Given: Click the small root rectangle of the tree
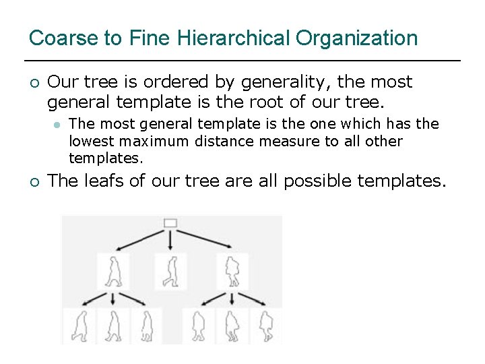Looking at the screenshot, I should click(x=170, y=223).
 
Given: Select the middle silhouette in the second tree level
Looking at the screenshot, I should click(x=170, y=272).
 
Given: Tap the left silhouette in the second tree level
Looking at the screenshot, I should click(x=114, y=272).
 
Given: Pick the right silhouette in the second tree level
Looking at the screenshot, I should click(x=232, y=272).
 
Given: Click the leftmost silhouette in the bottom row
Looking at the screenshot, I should click(x=81, y=326).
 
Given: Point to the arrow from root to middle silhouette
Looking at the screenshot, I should click(x=170, y=240).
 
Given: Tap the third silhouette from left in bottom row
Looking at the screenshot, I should click(x=145, y=326).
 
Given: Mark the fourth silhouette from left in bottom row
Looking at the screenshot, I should click(x=198, y=326).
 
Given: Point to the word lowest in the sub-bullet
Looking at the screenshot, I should click(x=90, y=142).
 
